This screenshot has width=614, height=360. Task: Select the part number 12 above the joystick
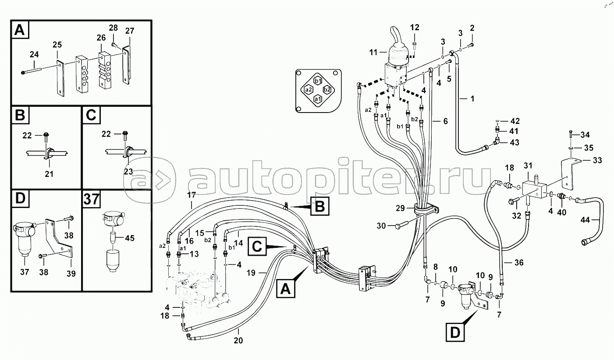415,28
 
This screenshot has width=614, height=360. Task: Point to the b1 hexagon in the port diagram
318,81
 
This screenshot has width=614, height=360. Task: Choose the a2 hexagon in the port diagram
309,90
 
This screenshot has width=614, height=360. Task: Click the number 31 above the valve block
528,165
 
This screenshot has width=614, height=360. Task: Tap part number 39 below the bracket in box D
71,274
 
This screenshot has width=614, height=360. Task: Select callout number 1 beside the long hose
472,99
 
